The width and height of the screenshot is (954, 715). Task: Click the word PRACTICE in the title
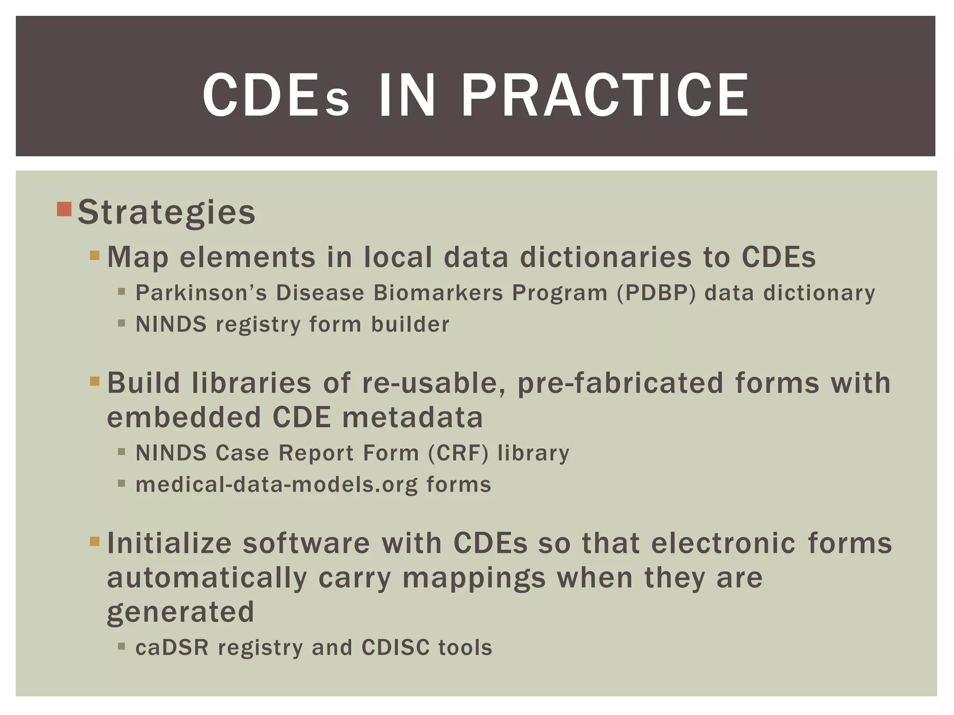(x=605, y=95)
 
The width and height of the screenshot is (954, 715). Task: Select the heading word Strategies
(x=167, y=212)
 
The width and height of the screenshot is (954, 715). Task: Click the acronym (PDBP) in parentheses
(x=656, y=293)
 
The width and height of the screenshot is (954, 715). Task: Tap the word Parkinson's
(x=201, y=293)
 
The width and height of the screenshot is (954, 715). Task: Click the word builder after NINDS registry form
(x=410, y=324)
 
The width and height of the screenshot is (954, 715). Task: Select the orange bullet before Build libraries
(x=95, y=382)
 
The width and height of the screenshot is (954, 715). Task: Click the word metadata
(x=413, y=417)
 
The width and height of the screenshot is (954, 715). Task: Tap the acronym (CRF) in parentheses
(x=458, y=453)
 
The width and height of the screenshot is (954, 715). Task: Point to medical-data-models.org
(x=277, y=485)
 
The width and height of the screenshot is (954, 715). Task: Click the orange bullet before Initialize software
(x=95, y=541)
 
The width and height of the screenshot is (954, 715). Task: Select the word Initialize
(x=170, y=543)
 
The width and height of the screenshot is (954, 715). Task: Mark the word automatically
(x=207, y=578)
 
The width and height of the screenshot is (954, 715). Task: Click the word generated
(x=181, y=612)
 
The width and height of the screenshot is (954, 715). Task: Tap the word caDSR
(x=172, y=648)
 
